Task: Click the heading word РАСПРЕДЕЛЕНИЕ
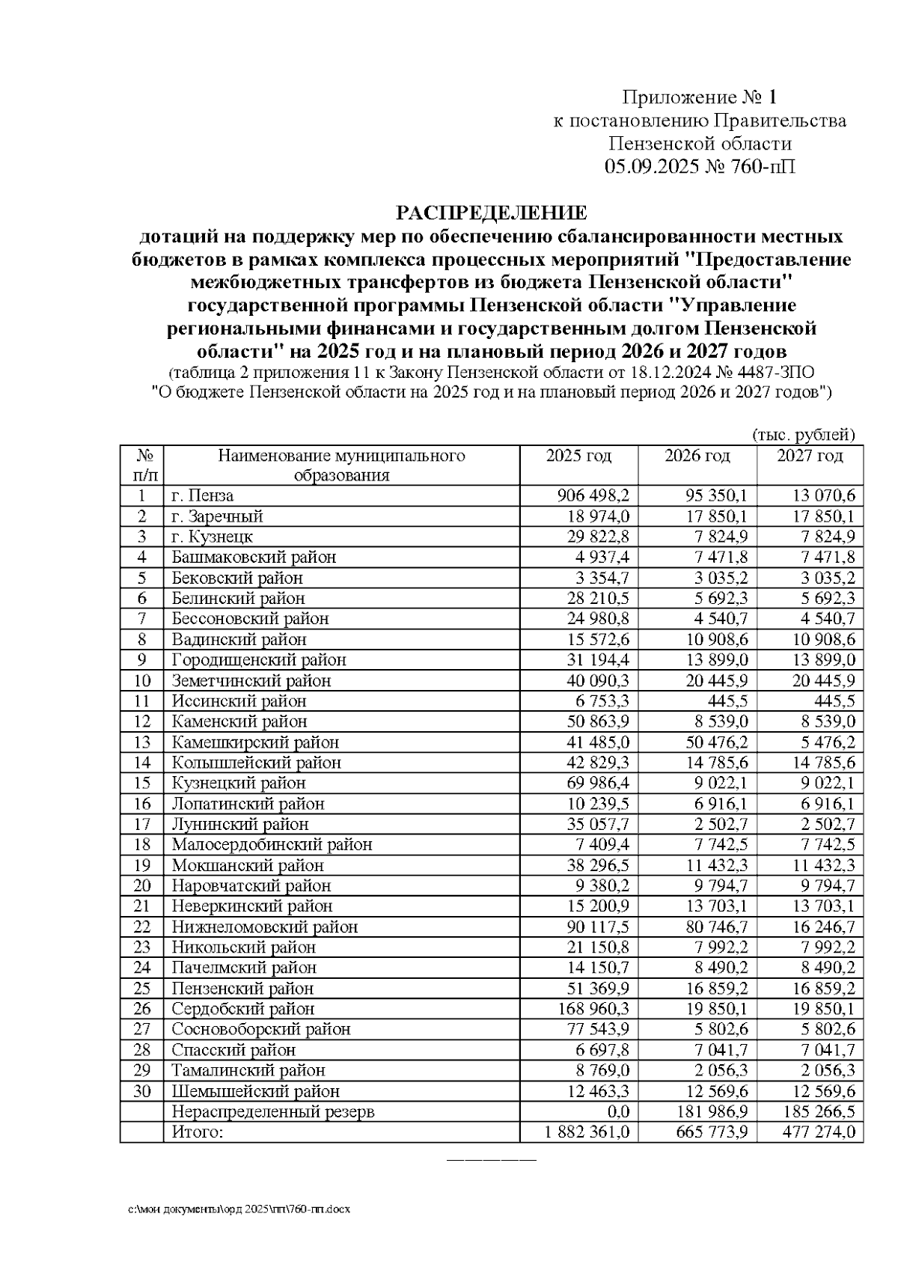click(x=491, y=213)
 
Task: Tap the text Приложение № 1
click(x=700, y=97)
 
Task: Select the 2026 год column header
click(x=697, y=457)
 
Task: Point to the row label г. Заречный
click(x=217, y=516)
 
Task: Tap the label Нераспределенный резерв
click(x=272, y=1111)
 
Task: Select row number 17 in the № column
click(x=142, y=824)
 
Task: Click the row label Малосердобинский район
click(x=272, y=845)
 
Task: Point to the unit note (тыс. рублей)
click(x=803, y=435)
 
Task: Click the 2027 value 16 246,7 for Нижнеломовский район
click(x=822, y=926)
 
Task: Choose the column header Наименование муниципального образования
click(x=341, y=465)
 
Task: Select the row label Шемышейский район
click(x=255, y=1091)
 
